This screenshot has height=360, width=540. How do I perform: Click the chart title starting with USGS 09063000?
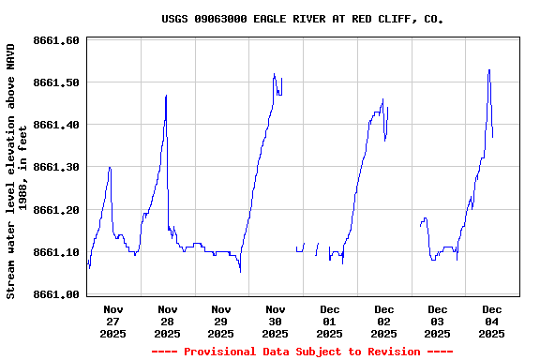[x=302, y=19]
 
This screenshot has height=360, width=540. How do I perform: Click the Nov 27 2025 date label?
[x=113, y=321]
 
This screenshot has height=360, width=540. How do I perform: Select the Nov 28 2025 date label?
[x=167, y=321]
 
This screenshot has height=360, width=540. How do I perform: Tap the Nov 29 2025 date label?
[x=221, y=321]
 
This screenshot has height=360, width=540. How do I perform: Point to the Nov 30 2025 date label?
[x=276, y=321]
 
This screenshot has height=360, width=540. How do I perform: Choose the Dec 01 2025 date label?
[x=329, y=321]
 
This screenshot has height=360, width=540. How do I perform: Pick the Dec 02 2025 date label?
[x=383, y=321]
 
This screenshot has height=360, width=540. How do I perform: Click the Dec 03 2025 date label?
[x=438, y=321]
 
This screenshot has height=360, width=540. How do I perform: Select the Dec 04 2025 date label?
[x=491, y=321]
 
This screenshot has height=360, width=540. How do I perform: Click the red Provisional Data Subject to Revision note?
[x=302, y=352]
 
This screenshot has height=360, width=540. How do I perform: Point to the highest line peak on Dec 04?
[x=488, y=69]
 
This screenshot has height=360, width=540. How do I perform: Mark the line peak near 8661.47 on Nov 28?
[x=166, y=95]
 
